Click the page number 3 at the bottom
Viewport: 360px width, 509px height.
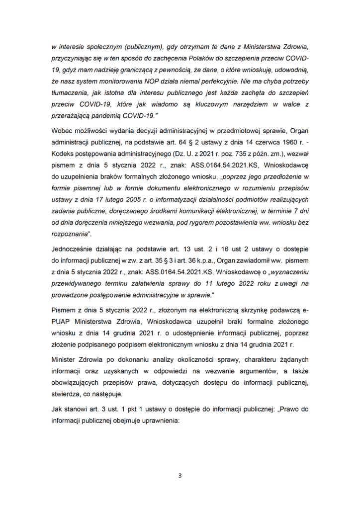tap(180, 475)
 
